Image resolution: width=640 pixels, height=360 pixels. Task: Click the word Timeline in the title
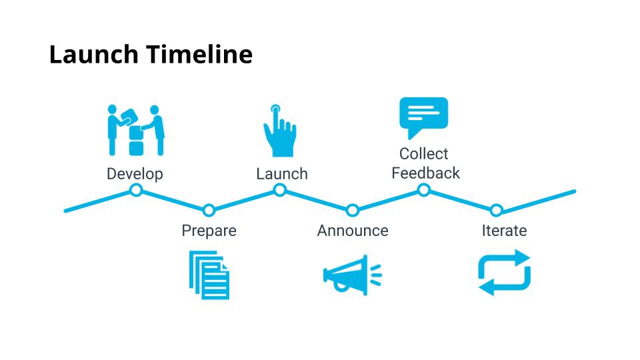pyautogui.click(x=200, y=55)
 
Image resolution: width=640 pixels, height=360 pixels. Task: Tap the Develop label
pyautogui.click(x=135, y=174)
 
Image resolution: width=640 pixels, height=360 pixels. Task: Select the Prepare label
pyautogui.click(x=209, y=231)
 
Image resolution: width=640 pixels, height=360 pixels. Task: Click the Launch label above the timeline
pyautogui.click(x=282, y=174)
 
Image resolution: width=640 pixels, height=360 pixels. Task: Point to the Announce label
pyautogui.click(x=353, y=231)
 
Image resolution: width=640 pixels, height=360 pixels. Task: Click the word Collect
pyautogui.click(x=424, y=154)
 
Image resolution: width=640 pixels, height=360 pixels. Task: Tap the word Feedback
pyautogui.click(x=425, y=173)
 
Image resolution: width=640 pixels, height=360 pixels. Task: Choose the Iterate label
pyautogui.click(x=504, y=231)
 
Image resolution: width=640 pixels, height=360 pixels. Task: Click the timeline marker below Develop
pyautogui.click(x=136, y=191)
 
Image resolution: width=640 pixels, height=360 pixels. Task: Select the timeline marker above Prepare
pyautogui.click(x=209, y=211)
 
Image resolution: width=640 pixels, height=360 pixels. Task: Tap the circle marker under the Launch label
pyautogui.click(x=280, y=191)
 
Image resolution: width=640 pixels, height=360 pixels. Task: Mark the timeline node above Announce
pyautogui.click(x=353, y=211)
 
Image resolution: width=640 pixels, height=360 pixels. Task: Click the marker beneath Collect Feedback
pyautogui.click(x=423, y=191)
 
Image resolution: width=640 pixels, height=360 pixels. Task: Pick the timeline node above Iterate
pyautogui.click(x=496, y=211)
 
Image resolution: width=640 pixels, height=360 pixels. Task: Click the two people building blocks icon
pyautogui.click(x=136, y=130)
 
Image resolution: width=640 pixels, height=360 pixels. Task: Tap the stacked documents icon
pyautogui.click(x=209, y=275)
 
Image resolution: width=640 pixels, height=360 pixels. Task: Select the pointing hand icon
pyautogui.click(x=279, y=131)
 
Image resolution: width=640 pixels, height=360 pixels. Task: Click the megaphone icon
pyautogui.click(x=351, y=274)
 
